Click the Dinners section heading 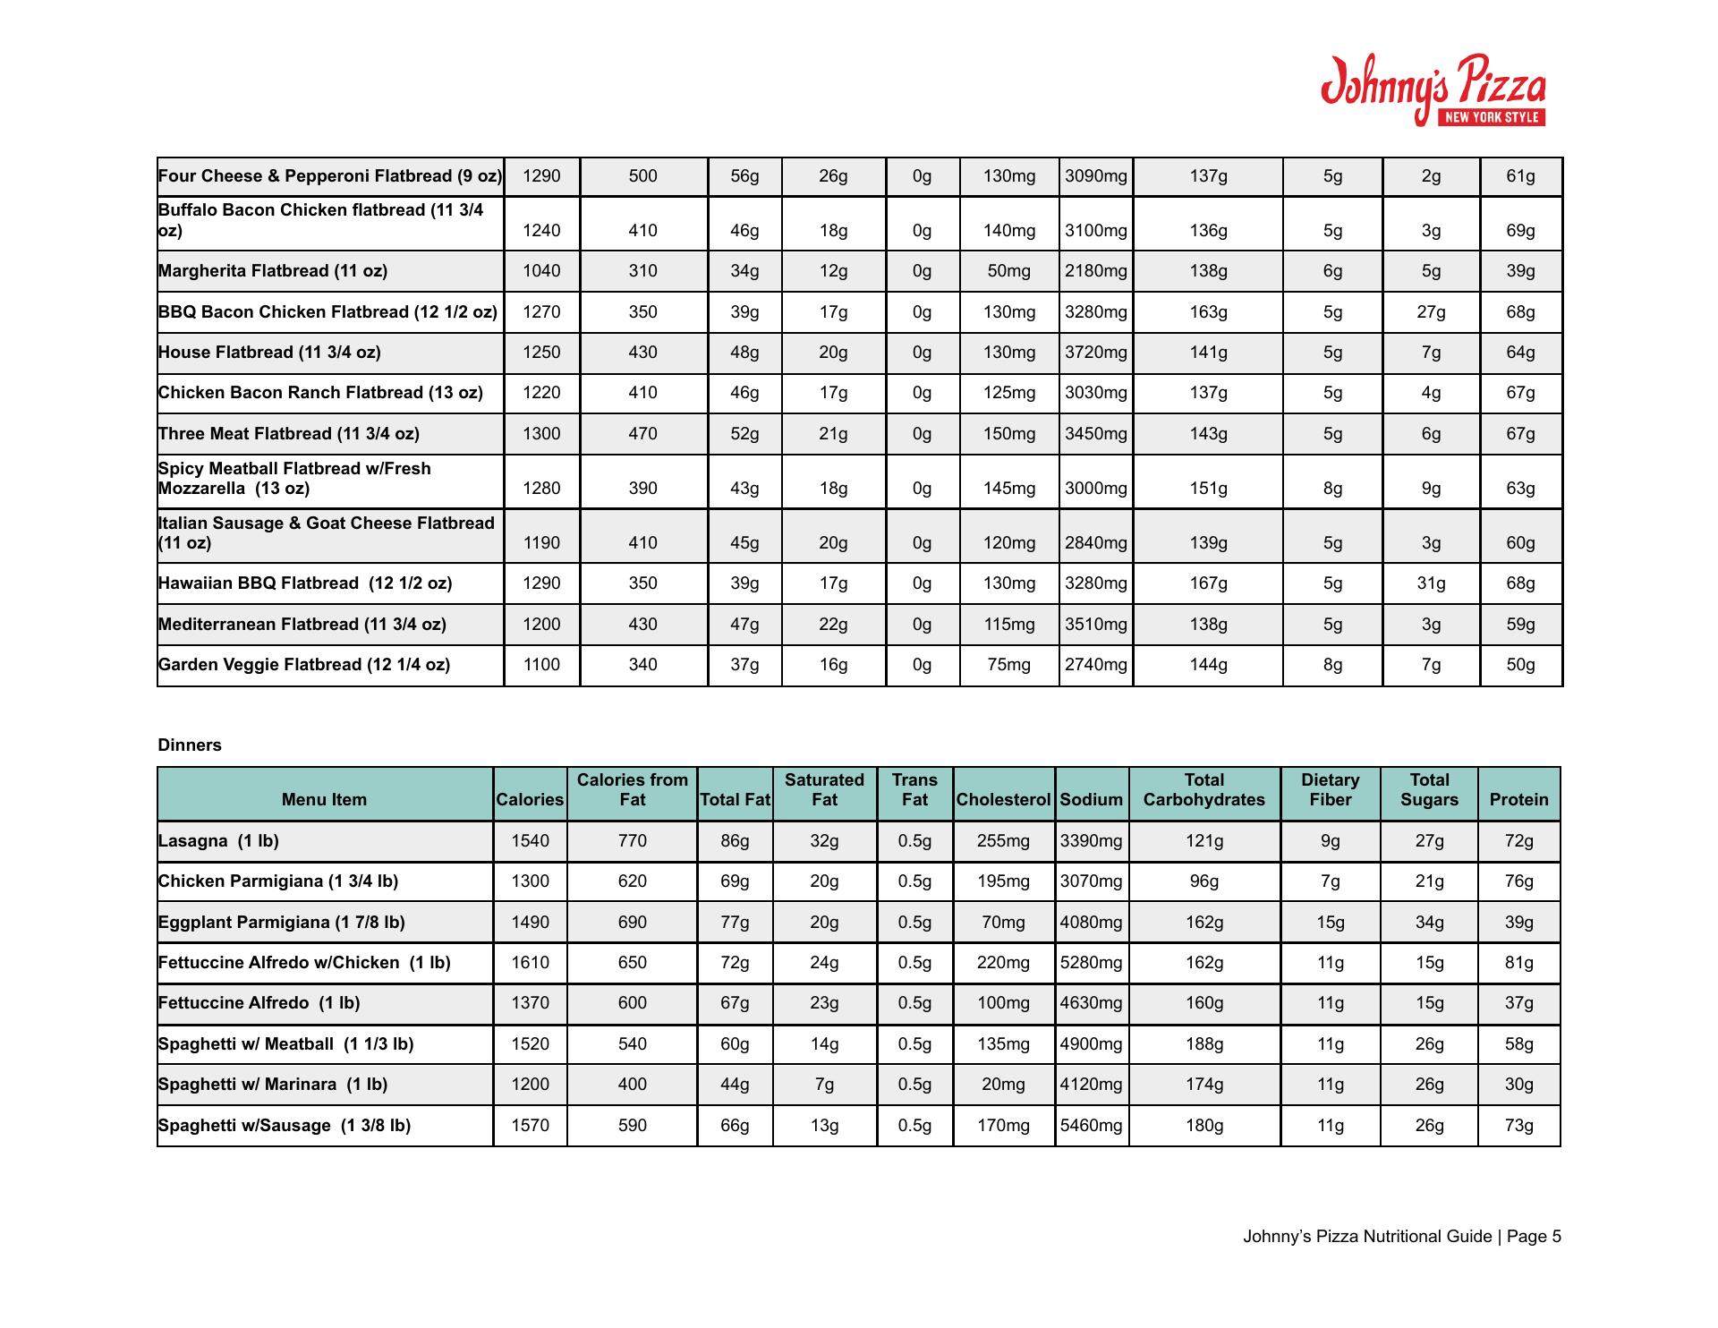pos(190,745)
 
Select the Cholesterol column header pos(1003,800)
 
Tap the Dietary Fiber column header pos(1330,790)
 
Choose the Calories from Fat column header pos(632,790)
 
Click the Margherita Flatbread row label pos(273,271)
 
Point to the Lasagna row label pos(218,841)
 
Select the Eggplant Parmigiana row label pos(281,923)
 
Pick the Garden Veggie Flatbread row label pos(304,665)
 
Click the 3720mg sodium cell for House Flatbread pos(1096,353)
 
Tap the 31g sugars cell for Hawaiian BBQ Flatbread pos(1431,583)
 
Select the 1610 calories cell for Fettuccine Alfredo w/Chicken pos(530,963)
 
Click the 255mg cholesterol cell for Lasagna pos(1003,841)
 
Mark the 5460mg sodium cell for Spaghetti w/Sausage pos(1091,1126)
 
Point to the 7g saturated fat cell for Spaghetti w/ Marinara pos(824,1085)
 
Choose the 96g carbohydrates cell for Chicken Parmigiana pos(1203,881)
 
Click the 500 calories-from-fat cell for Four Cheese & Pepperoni pos(642,176)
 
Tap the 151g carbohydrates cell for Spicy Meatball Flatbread pos(1208,489)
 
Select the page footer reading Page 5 pos(1401,1237)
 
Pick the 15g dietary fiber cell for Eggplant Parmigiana pos(1330,923)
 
